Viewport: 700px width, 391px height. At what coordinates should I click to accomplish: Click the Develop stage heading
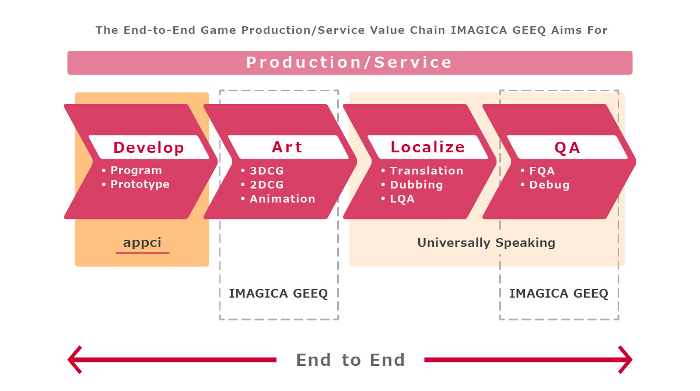(x=149, y=148)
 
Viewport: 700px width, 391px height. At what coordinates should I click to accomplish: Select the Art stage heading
(x=287, y=147)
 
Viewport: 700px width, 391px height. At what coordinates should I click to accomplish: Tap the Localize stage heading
(x=428, y=147)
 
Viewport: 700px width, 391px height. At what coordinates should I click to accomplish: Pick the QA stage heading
(x=568, y=148)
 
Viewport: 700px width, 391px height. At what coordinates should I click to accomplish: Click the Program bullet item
(x=136, y=170)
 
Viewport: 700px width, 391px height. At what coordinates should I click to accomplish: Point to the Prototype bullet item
(x=140, y=184)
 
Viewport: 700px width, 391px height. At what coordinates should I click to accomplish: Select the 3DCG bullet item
(x=267, y=170)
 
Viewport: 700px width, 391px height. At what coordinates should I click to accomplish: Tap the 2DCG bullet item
(x=267, y=185)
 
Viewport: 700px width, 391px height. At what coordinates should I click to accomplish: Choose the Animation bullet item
(x=282, y=199)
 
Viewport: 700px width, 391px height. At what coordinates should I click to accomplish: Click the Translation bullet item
(x=426, y=170)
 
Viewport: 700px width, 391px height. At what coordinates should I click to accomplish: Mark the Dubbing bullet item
(x=416, y=185)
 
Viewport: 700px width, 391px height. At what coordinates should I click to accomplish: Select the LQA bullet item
(x=402, y=199)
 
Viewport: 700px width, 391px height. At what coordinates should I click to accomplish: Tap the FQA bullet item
(x=542, y=170)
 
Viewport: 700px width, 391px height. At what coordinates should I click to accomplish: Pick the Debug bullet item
(x=549, y=185)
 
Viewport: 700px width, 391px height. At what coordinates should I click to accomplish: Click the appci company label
(x=142, y=243)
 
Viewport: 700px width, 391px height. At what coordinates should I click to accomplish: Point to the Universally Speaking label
(x=487, y=243)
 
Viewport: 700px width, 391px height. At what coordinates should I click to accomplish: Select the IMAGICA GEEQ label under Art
(x=278, y=294)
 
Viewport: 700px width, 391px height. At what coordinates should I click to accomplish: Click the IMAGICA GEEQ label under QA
(x=559, y=294)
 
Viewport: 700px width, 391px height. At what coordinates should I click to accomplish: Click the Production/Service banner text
(x=349, y=62)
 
